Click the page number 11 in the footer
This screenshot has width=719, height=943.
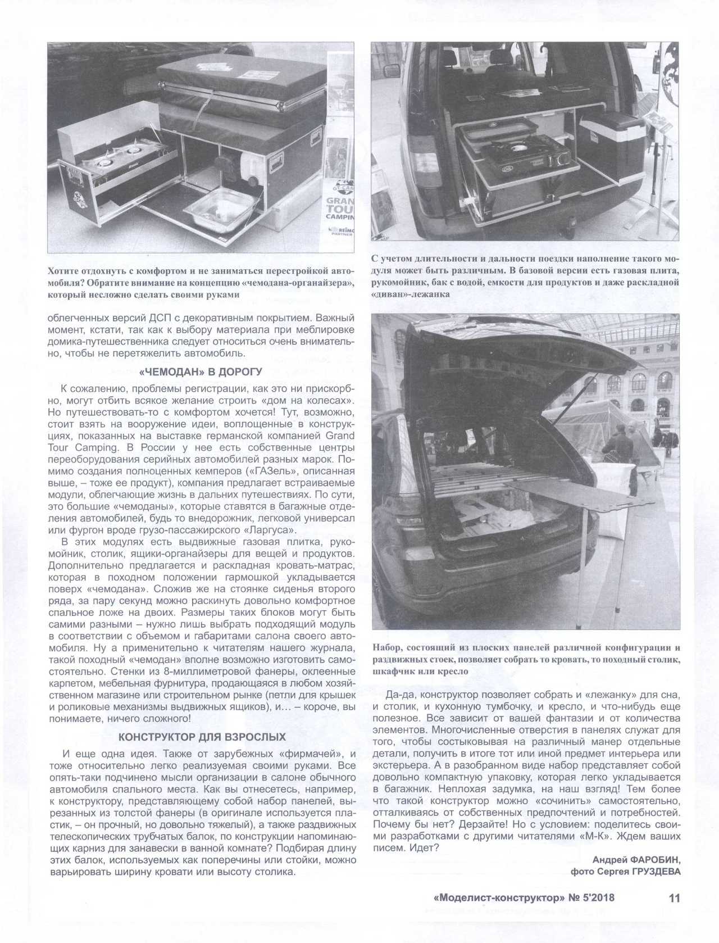674,898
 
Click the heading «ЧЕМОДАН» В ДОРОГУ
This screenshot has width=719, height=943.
200,371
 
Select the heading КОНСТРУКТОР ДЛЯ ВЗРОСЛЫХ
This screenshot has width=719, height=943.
202,737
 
